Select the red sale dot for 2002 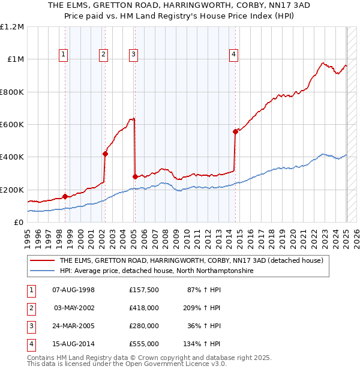(105, 154)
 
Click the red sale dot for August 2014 (236, 131)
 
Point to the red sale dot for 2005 (135, 176)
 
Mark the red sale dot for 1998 (65, 196)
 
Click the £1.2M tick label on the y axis (12, 27)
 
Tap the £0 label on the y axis (18, 223)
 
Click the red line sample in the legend (42, 260)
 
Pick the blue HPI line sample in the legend (42, 271)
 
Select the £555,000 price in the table (144, 344)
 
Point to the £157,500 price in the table (144, 290)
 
